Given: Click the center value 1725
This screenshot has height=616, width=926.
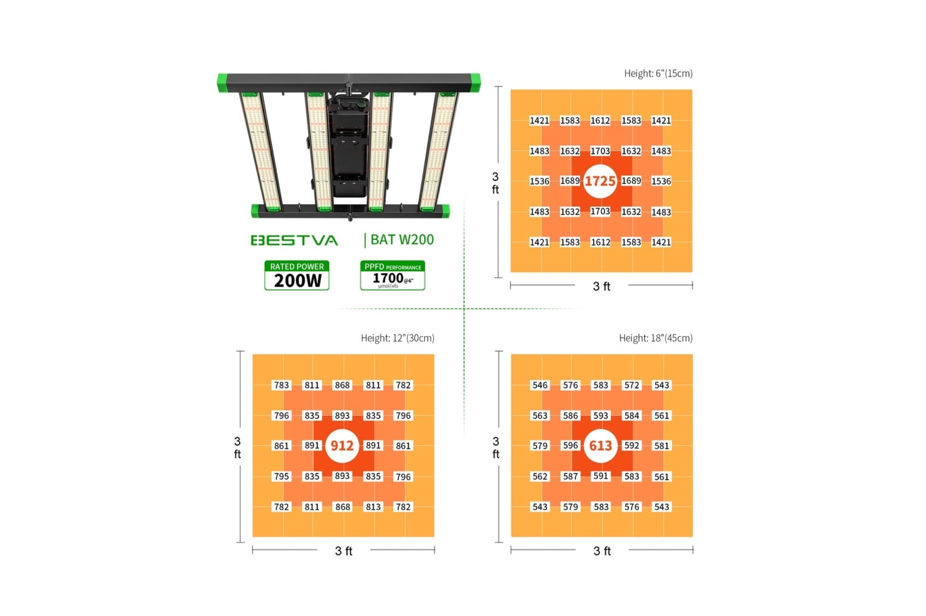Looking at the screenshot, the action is (x=600, y=181).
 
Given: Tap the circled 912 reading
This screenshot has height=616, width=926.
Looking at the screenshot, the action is (x=342, y=446).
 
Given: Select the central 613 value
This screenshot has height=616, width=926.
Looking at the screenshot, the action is (x=601, y=446).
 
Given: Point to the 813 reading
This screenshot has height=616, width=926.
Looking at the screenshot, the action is (x=373, y=507).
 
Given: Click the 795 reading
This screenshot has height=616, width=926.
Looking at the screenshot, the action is (x=282, y=476).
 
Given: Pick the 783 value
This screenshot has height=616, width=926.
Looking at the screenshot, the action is (x=282, y=385).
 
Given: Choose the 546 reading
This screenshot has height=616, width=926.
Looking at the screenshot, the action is (x=540, y=385).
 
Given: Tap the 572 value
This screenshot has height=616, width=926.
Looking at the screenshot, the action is (x=632, y=385).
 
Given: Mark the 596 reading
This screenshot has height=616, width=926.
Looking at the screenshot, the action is (x=570, y=446).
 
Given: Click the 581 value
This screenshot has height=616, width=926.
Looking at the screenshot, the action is (x=662, y=446).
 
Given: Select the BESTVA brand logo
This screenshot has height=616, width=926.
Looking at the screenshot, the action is (x=294, y=240).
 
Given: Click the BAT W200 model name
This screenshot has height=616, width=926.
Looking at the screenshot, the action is (x=402, y=239).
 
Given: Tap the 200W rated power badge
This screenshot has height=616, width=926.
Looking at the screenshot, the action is (x=297, y=275).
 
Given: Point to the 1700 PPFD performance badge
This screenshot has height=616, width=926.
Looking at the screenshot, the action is (x=393, y=275).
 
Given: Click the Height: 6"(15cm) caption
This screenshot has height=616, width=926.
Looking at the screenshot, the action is (x=658, y=73).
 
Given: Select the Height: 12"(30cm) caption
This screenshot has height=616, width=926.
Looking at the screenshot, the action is (x=398, y=338).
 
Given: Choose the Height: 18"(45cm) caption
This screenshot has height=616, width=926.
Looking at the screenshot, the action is (x=656, y=338).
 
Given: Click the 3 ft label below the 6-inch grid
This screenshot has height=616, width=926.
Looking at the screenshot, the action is (x=601, y=286).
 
